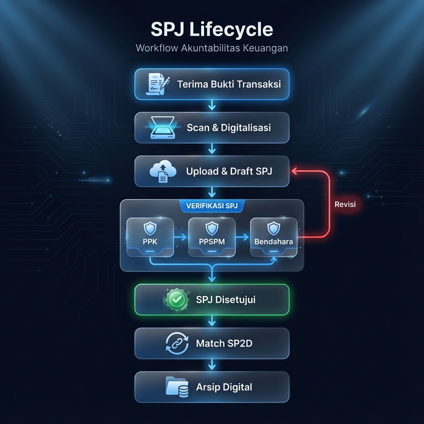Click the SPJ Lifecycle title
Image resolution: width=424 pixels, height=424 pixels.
tap(212, 30)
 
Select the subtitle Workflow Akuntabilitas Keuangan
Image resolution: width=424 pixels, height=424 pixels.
tap(212, 48)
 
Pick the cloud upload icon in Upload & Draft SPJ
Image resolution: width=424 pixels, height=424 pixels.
tap(163, 171)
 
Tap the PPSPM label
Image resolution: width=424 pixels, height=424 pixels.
tap(212, 241)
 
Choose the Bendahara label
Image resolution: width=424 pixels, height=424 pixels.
tap(274, 241)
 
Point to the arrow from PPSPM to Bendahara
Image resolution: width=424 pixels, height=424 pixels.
tap(243, 237)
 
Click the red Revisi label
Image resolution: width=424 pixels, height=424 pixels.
tap(345, 204)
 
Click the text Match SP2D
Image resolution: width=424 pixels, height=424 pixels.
tap(224, 343)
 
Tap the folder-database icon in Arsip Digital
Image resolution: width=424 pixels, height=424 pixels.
tap(177, 387)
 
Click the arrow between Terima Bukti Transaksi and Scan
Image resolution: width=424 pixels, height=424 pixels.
tap(212, 106)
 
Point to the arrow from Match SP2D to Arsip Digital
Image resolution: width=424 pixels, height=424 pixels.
tap(212, 365)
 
